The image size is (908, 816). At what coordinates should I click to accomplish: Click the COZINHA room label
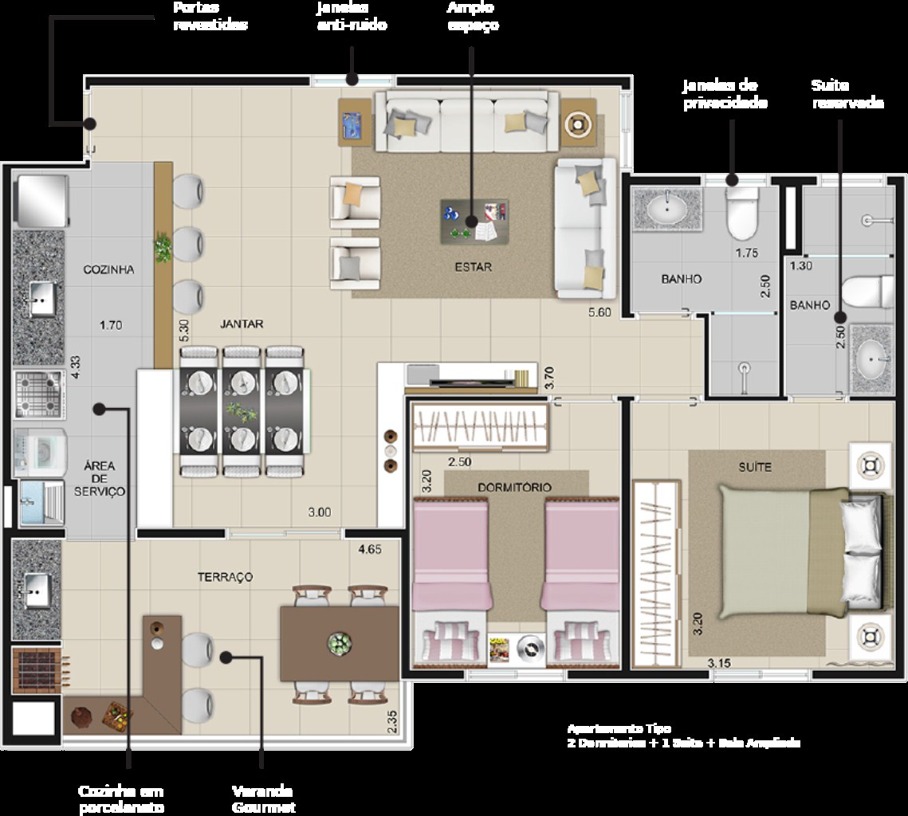coord(108,269)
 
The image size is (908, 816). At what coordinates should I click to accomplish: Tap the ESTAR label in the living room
coord(474,267)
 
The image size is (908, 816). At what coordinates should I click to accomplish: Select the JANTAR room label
coord(242,324)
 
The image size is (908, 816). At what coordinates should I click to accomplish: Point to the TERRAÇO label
coord(225,576)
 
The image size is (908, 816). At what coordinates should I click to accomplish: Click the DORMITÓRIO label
coord(514,487)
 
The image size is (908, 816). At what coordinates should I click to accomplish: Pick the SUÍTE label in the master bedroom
coord(754,466)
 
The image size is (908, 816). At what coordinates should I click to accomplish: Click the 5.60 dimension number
coord(599,312)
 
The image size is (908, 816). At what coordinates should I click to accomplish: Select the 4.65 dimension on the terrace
coord(369,549)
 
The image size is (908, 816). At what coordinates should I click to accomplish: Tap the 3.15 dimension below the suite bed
coord(719,662)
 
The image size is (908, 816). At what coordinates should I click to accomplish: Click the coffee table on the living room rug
coord(474,222)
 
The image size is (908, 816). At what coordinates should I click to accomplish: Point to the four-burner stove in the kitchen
coord(38,394)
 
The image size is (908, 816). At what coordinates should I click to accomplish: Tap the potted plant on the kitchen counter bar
coord(163,248)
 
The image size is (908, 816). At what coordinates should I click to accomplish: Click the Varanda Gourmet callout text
coord(263,799)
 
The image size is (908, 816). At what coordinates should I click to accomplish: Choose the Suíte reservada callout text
coord(847,94)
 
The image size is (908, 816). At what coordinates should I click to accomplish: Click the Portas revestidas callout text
coord(210,16)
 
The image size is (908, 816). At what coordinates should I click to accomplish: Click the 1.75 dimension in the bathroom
coord(747,253)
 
